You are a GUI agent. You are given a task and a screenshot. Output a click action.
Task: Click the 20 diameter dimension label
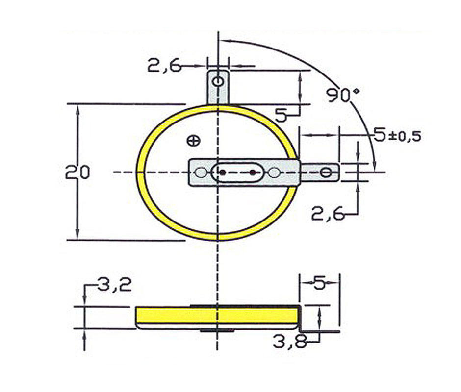[x=78, y=172]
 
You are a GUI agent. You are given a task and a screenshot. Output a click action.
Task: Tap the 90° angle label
[x=340, y=95]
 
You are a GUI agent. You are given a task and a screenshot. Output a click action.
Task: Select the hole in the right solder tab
[x=326, y=172]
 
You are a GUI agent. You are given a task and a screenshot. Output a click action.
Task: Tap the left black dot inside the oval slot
[x=222, y=172]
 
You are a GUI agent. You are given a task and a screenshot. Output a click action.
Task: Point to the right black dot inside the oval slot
[x=252, y=172]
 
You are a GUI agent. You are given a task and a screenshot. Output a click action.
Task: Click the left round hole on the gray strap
[x=201, y=172]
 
